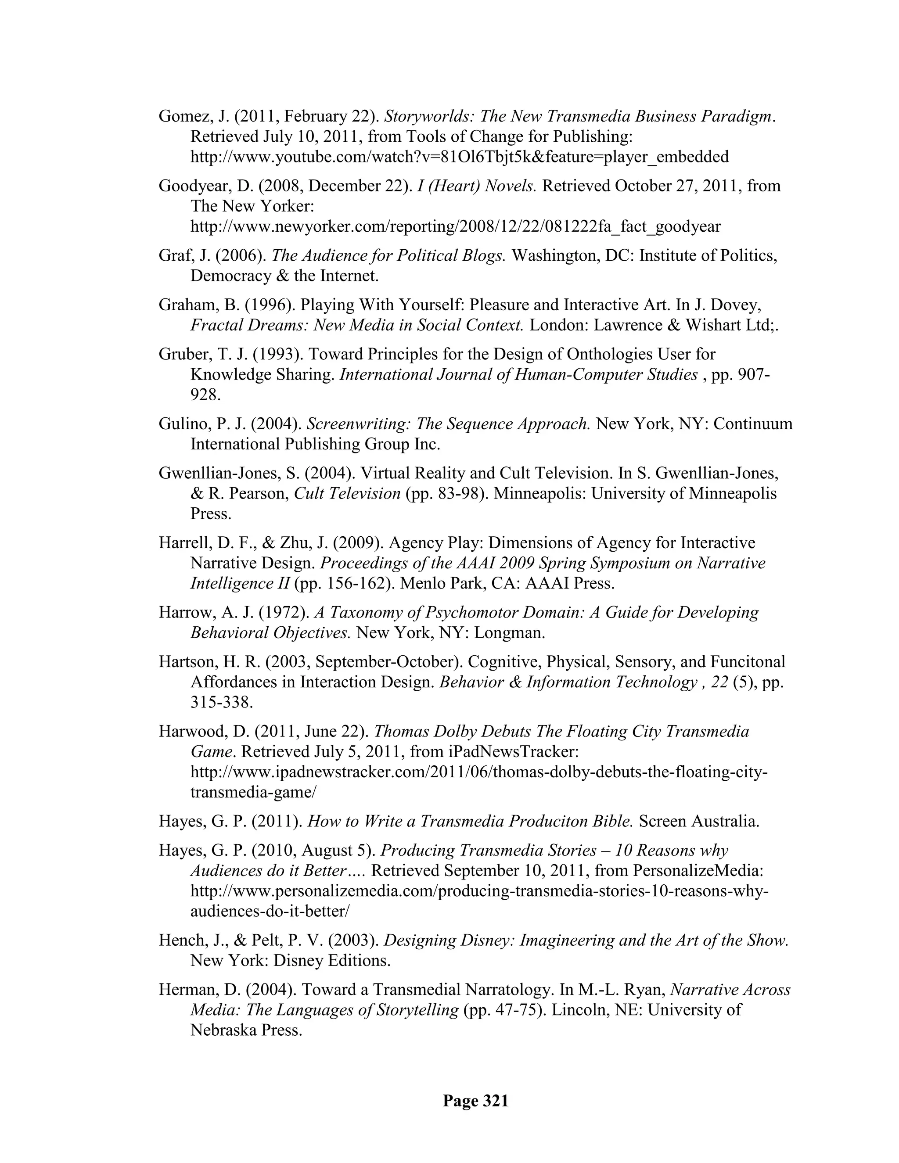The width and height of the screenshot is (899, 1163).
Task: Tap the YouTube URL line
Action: tap(459, 157)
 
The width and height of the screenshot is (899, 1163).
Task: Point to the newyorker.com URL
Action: tap(455, 226)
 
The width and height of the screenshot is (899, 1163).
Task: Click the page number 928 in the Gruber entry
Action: tap(205, 395)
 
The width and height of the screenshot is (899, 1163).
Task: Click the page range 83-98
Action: tap(454, 494)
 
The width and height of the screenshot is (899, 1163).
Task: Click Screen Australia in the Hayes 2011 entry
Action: tap(699, 821)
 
